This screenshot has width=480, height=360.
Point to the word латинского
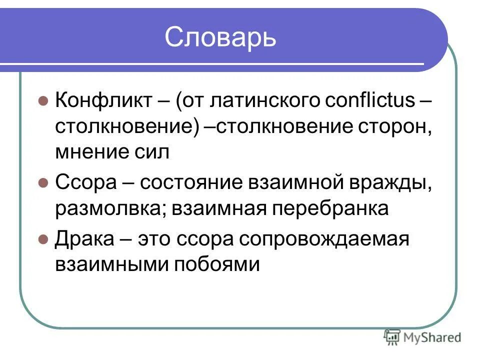tap(264, 100)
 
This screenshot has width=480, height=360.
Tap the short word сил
tap(152, 151)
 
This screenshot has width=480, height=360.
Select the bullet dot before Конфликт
tap(43, 100)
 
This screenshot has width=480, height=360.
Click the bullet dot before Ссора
tap(43, 182)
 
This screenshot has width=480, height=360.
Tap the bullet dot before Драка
tap(43, 239)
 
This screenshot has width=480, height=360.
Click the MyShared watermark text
tap(432, 337)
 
